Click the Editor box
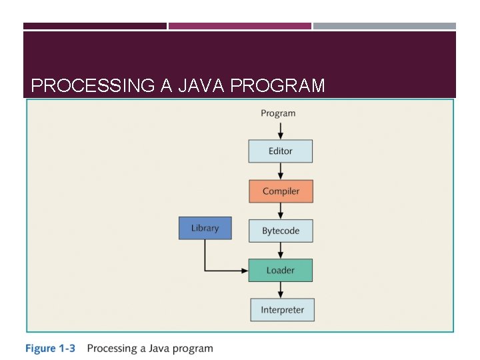click(x=280, y=151)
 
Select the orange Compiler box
click(x=280, y=191)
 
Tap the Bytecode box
click(x=280, y=231)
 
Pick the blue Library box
click(x=205, y=228)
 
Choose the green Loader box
click(x=280, y=270)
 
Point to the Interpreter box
click(x=282, y=310)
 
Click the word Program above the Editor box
click(x=278, y=113)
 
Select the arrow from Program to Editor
click(x=280, y=130)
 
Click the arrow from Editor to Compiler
click(x=280, y=171)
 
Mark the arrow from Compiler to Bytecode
click(x=280, y=211)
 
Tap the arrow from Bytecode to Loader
click(x=280, y=251)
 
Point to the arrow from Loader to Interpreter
click(x=280, y=290)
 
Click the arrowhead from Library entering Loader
click(x=244, y=270)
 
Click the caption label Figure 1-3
click(x=51, y=348)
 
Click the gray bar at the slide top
click(x=385, y=26)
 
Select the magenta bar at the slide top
click(x=240, y=26)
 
